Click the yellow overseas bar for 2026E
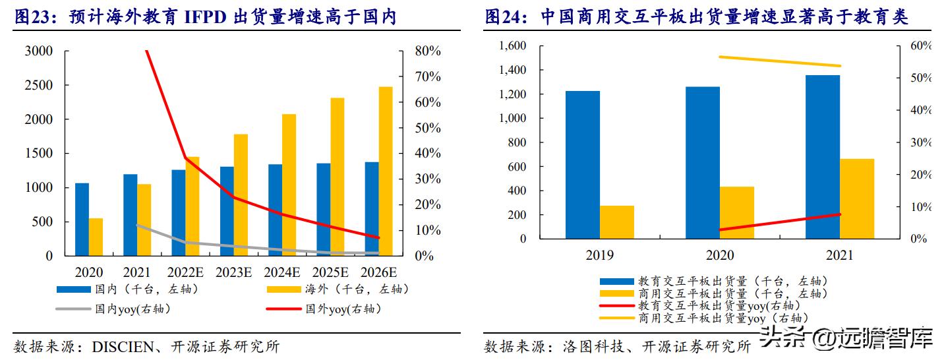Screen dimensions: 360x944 (386, 171)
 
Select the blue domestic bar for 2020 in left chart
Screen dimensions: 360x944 (82, 219)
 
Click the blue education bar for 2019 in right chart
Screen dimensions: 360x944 (583, 165)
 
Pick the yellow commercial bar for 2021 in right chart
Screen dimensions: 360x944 (857, 198)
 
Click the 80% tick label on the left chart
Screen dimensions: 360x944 (428, 51)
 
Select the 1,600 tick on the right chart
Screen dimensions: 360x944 (512, 45)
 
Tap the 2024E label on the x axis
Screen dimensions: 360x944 (282, 272)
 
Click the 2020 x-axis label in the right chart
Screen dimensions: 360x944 (719, 255)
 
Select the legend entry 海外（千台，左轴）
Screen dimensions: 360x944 (357, 289)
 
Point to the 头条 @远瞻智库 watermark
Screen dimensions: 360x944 (847, 339)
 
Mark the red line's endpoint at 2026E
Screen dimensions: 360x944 (378, 237)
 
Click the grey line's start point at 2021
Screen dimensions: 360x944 (137, 225)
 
